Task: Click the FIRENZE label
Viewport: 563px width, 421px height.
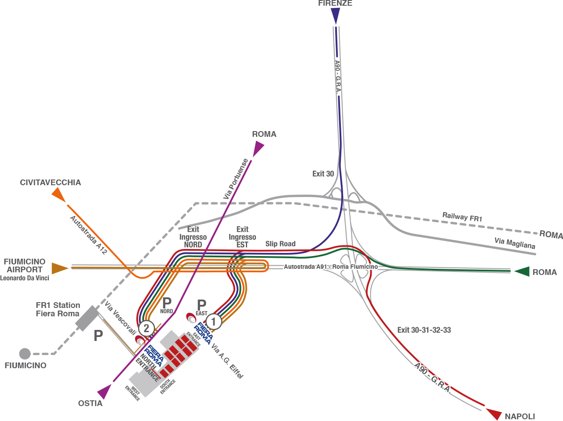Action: pos(335,3)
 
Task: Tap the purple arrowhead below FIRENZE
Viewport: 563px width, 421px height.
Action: pos(336,16)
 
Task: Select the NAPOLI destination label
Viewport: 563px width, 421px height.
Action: pos(520,416)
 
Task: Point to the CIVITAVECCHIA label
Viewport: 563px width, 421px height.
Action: pos(51,183)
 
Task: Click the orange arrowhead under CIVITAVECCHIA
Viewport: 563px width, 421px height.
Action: pos(58,194)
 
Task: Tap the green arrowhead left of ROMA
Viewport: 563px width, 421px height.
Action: pos(522,271)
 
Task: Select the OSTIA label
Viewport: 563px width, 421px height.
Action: pos(90,403)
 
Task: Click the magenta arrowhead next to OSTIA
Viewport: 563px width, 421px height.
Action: pos(105,391)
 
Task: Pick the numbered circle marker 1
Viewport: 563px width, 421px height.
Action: pos(214,322)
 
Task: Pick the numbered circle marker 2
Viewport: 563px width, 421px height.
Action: pos(146,328)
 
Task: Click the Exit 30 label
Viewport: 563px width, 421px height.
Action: pos(323,174)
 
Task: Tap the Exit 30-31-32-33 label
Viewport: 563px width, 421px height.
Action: pos(424,330)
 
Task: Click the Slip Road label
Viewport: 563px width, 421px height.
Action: pos(280,244)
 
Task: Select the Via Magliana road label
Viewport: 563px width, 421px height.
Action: pos(515,243)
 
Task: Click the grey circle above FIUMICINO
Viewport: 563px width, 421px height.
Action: pos(25,354)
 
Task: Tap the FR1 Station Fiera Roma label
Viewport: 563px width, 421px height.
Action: pos(58,309)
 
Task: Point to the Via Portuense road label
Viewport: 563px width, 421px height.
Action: pos(236,179)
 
